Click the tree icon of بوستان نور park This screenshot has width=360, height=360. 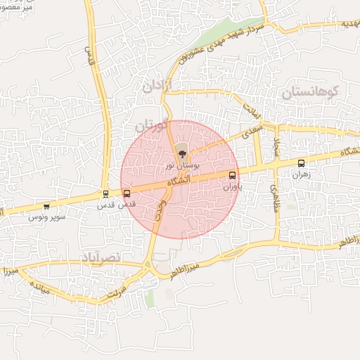[x=181, y=150]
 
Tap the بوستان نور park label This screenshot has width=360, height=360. [x=181, y=165]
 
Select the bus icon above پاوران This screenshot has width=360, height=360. [x=233, y=175]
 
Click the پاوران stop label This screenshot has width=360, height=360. [x=233, y=188]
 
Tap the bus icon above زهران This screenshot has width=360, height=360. [x=302, y=163]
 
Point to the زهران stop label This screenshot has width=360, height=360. [x=302, y=174]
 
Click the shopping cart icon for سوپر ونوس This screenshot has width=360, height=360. [x=46, y=207]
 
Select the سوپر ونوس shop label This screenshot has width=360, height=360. [x=47, y=217]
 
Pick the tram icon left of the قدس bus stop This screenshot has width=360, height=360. [x=105, y=194]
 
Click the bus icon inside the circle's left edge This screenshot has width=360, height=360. [x=127, y=193]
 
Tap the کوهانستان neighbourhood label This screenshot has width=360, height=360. [x=310, y=92]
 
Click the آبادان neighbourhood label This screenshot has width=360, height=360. [x=157, y=87]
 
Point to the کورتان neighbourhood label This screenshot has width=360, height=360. [x=153, y=127]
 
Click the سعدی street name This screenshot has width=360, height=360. [x=252, y=130]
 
